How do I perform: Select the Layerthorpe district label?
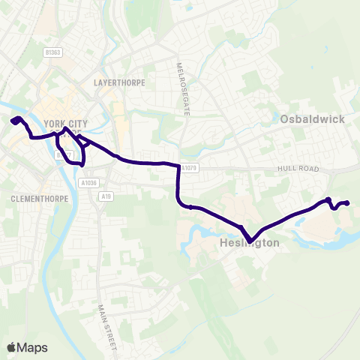point(119,81)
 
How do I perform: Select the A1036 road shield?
point(87,182)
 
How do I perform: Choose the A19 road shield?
point(110,193)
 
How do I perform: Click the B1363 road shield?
point(51,52)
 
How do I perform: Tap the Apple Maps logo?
point(27,347)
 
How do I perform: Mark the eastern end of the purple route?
point(349,203)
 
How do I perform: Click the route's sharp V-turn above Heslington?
point(251,240)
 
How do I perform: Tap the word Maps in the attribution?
point(32,347)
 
